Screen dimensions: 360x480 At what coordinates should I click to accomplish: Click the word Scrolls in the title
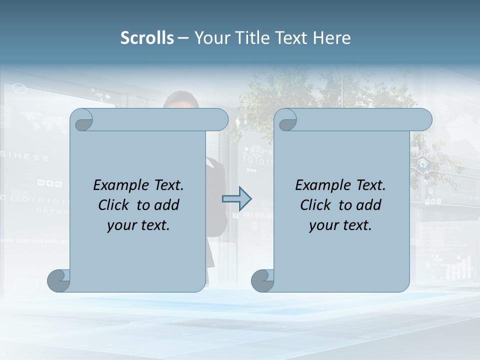tap(147, 37)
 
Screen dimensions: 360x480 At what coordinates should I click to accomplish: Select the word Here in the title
tap(332, 37)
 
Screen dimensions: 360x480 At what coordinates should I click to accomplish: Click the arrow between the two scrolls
tap(236, 199)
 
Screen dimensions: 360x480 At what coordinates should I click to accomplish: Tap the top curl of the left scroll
tap(82, 120)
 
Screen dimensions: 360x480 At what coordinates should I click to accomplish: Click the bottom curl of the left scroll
tap(59, 280)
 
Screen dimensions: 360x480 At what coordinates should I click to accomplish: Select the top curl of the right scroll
tap(286, 120)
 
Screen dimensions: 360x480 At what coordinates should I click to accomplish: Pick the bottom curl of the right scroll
tap(262, 280)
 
